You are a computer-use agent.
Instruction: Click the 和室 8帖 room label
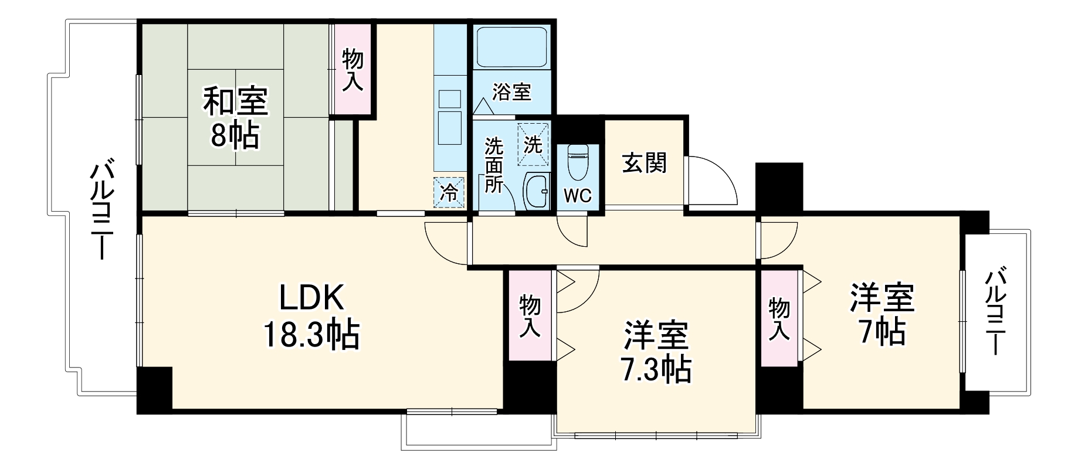[x=235, y=118]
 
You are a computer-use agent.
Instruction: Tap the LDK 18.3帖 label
[x=311, y=317]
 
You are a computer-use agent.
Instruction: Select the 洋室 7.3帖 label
[x=656, y=352]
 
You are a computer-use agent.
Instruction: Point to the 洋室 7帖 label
[x=882, y=315]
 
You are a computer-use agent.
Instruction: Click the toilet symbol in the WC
[x=578, y=163]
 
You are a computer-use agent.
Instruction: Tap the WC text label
[x=578, y=196]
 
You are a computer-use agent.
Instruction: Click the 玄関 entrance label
[x=644, y=162]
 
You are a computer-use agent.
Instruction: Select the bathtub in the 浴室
[x=511, y=47]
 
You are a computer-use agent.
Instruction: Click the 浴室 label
[x=511, y=92]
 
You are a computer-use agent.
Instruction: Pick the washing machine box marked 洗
[x=533, y=144]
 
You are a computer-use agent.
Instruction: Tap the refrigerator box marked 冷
[x=449, y=192]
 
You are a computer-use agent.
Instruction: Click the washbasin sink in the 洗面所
[x=536, y=191]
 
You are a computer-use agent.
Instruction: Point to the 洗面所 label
[x=493, y=165]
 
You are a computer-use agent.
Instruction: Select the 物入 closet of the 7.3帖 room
[x=530, y=317]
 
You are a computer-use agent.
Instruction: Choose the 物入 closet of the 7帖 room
[x=779, y=318]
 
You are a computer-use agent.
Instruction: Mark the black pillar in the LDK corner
[x=155, y=389]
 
